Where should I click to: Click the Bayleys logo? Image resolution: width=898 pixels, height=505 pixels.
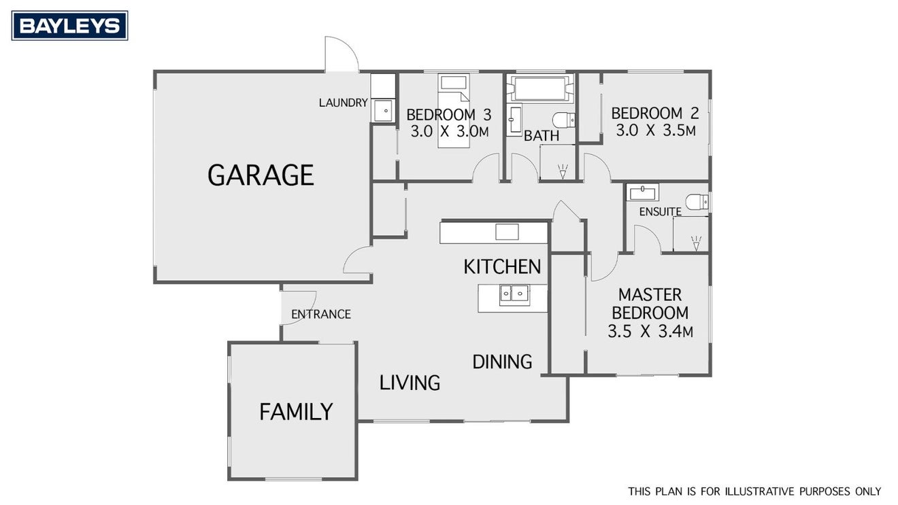pos(70,26)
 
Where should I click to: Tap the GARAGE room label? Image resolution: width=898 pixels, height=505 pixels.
pos(261,175)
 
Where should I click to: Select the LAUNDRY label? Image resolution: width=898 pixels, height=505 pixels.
pos(343,103)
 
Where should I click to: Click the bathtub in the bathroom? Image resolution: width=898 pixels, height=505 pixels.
pos(540,88)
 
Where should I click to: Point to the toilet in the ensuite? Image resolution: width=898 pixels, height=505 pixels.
pos(697,202)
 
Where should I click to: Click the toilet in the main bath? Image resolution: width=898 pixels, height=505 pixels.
pos(564,120)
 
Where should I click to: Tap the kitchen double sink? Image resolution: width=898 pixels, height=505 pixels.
pos(514,295)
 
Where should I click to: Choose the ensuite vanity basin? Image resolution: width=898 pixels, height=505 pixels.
pos(643,192)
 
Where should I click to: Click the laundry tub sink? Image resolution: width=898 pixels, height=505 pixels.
pos(383,111)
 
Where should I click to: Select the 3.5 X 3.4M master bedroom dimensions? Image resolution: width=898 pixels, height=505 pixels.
pos(650,332)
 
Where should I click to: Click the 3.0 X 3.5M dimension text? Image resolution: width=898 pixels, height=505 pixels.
pos(656,130)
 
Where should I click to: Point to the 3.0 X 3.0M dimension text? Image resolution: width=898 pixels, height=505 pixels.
pos(450,131)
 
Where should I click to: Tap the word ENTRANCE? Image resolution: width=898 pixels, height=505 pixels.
pos(321,315)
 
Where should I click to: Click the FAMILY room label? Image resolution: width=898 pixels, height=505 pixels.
pos(296,412)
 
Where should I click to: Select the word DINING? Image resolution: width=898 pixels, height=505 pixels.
pos(502,362)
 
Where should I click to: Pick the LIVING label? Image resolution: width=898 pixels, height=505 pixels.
pos(410,383)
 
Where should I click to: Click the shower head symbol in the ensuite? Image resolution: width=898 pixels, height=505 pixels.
pos(696,243)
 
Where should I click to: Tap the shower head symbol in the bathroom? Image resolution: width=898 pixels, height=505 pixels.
pos(563,171)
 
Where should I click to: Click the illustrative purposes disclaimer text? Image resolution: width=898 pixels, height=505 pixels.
pos(754,491)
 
